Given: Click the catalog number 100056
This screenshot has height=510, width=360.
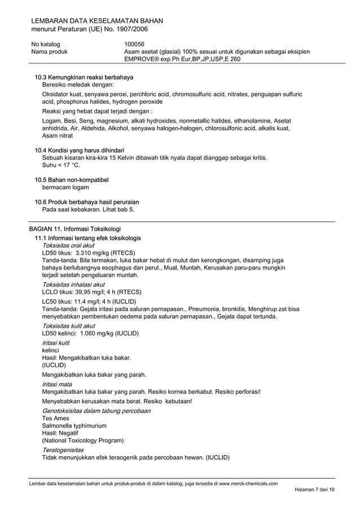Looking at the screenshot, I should [134, 43].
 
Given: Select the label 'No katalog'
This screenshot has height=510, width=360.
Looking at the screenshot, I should [46, 43].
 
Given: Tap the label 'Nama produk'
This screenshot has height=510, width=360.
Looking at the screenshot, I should [49, 51].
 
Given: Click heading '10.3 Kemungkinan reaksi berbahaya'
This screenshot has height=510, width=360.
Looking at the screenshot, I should [87, 77].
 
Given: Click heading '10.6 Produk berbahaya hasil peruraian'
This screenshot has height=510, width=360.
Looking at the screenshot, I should [87, 202].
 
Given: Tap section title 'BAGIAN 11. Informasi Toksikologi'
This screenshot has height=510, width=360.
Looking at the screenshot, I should [75, 229].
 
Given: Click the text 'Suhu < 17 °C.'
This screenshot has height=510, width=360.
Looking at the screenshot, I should [62, 165].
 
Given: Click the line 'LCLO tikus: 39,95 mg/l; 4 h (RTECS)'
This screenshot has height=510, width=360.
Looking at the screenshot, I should [91, 292].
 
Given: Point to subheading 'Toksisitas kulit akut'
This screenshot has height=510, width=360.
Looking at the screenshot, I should [68, 326].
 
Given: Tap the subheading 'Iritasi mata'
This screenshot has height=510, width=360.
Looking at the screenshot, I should [56, 384].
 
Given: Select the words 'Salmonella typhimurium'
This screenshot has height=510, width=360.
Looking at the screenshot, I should [74, 425].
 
